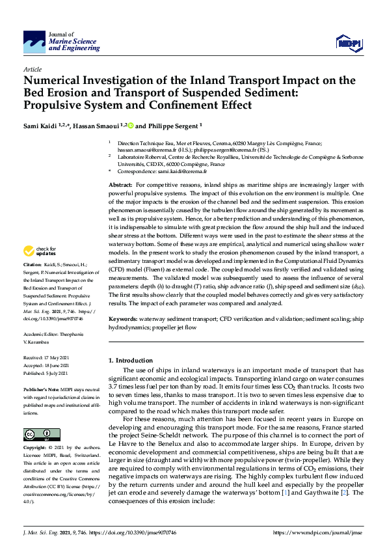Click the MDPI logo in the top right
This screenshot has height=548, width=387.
[347, 43]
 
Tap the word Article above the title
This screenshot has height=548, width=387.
[33, 69]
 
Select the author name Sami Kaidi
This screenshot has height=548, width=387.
[40, 126]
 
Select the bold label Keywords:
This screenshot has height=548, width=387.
[124, 320]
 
